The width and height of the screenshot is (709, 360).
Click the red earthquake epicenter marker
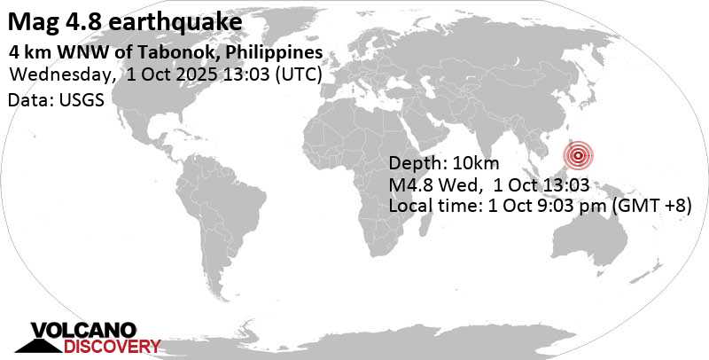point(579,156)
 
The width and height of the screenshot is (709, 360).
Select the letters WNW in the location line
point(75,52)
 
